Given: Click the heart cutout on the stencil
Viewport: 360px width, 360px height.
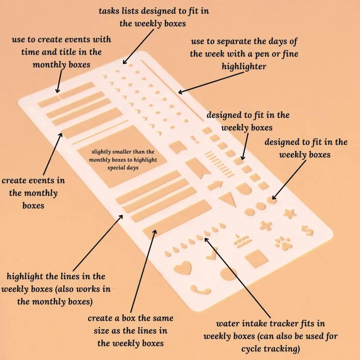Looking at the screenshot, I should point(183,268).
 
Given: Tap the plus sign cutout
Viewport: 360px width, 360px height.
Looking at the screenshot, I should point(266,226).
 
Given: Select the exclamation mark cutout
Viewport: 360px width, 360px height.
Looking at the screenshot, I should point(194,139).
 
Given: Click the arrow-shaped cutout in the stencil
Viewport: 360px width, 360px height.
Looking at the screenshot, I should point(215,185).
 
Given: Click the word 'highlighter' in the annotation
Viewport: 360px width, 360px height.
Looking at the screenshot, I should point(244,67).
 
